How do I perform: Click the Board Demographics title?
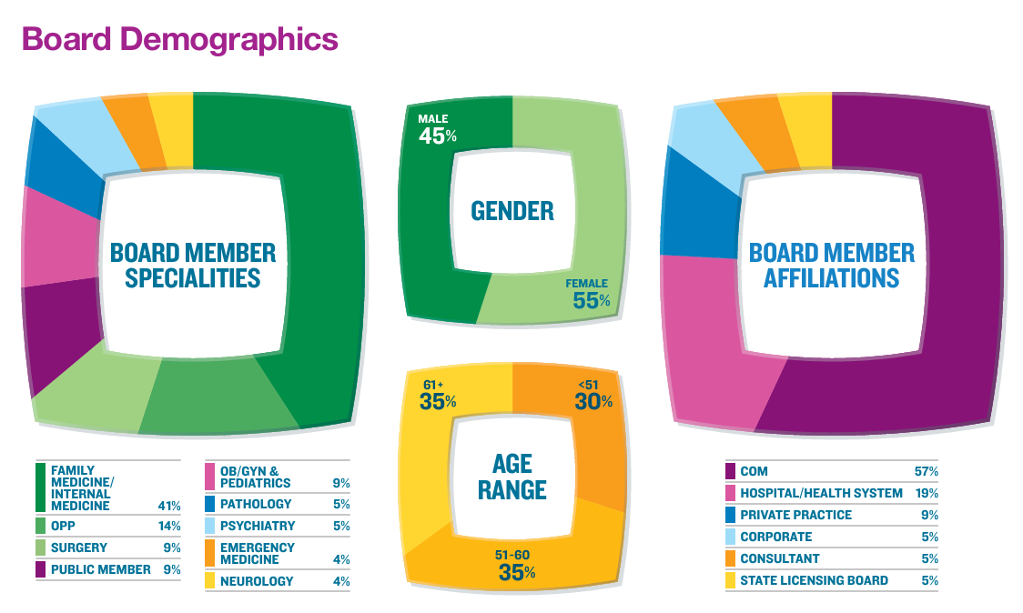[x=179, y=40]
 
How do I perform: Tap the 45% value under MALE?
[x=438, y=136]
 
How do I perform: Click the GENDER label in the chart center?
[x=512, y=212]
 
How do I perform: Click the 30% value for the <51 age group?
[x=593, y=401]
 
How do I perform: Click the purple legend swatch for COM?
[x=730, y=471]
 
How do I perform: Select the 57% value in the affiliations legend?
[x=926, y=471]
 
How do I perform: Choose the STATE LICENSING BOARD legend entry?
[x=814, y=580]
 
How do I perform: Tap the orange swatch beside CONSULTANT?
[x=730, y=558]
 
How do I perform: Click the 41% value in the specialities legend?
[x=169, y=506]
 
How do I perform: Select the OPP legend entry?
[x=64, y=526]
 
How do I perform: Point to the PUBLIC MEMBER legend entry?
[x=100, y=569]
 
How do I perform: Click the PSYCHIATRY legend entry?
[x=257, y=526]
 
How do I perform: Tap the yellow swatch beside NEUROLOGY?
[x=209, y=580]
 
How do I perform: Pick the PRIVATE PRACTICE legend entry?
[x=795, y=515]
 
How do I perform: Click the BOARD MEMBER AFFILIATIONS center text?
[x=831, y=265]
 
